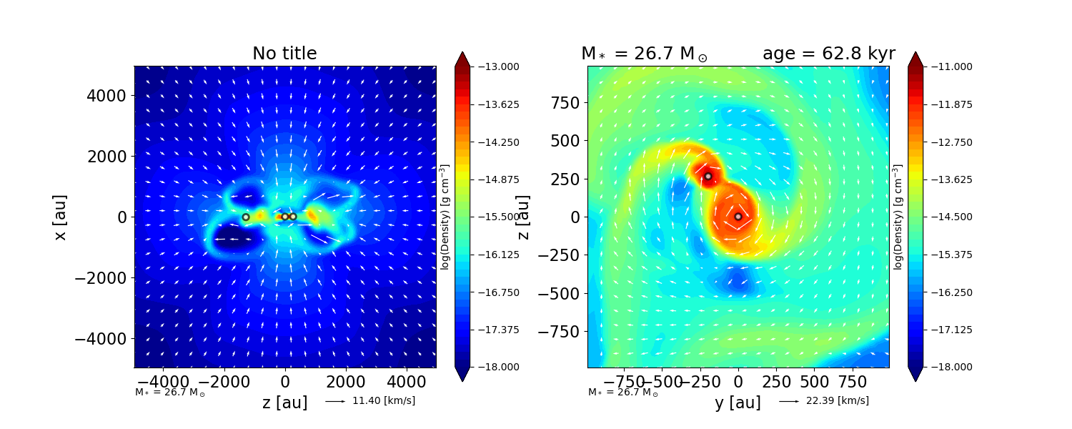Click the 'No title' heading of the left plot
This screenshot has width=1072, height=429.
click(284, 54)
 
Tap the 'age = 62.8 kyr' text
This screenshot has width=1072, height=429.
click(828, 54)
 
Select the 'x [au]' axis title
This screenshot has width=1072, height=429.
click(60, 217)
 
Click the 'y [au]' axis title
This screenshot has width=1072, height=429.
click(738, 403)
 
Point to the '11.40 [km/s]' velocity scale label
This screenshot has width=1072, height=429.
click(383, 401)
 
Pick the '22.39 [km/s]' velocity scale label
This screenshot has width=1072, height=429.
click(837, 401)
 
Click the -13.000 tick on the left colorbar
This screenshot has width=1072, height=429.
click(491, 66)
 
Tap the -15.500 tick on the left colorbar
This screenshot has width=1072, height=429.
click(491, 217)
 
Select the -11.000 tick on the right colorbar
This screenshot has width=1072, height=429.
click(944, 66)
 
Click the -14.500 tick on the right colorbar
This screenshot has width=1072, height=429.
click(944, 217)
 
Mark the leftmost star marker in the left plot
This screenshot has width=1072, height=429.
click(246, 217)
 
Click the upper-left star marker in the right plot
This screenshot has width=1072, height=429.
click(708, 176)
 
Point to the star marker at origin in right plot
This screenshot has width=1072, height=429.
click(738, 217)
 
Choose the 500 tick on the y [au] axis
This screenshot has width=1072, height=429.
click(814, 380)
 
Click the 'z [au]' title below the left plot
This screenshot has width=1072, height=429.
click(284, 403)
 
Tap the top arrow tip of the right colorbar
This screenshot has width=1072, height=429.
click(915, 52)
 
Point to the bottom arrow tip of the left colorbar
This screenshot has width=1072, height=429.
click(462, 381)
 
